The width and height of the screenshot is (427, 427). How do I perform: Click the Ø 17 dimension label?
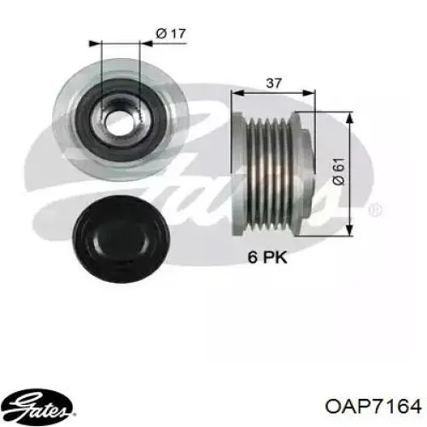[171, 34]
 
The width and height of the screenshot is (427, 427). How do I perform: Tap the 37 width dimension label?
[273, 83]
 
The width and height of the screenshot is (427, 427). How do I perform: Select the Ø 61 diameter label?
[339, 172]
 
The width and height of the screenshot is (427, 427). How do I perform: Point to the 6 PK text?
[267, 257]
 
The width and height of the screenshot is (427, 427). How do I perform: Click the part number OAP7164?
[373, 406]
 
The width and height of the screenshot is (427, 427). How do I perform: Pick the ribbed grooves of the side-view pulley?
[268, 173]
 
